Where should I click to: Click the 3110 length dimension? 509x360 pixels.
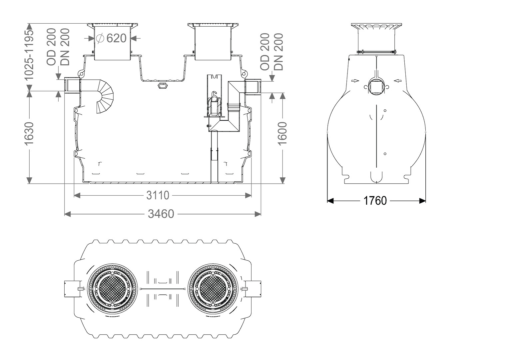158,195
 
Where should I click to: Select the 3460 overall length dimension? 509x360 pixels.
161,214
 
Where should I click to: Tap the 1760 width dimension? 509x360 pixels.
375,201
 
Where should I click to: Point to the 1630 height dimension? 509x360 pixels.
29,133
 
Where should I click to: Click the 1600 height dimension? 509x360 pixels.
282,133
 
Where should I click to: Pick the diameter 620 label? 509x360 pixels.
111,38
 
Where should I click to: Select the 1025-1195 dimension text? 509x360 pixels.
29,55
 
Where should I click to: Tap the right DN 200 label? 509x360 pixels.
279,52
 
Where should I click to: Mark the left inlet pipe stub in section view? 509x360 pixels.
72,85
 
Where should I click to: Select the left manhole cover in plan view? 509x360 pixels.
113,289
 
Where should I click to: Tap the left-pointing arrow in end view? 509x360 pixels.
398,81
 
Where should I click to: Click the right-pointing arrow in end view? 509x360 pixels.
355,81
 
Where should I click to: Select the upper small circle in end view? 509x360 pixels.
385,111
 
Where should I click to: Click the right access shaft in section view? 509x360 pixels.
213,42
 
